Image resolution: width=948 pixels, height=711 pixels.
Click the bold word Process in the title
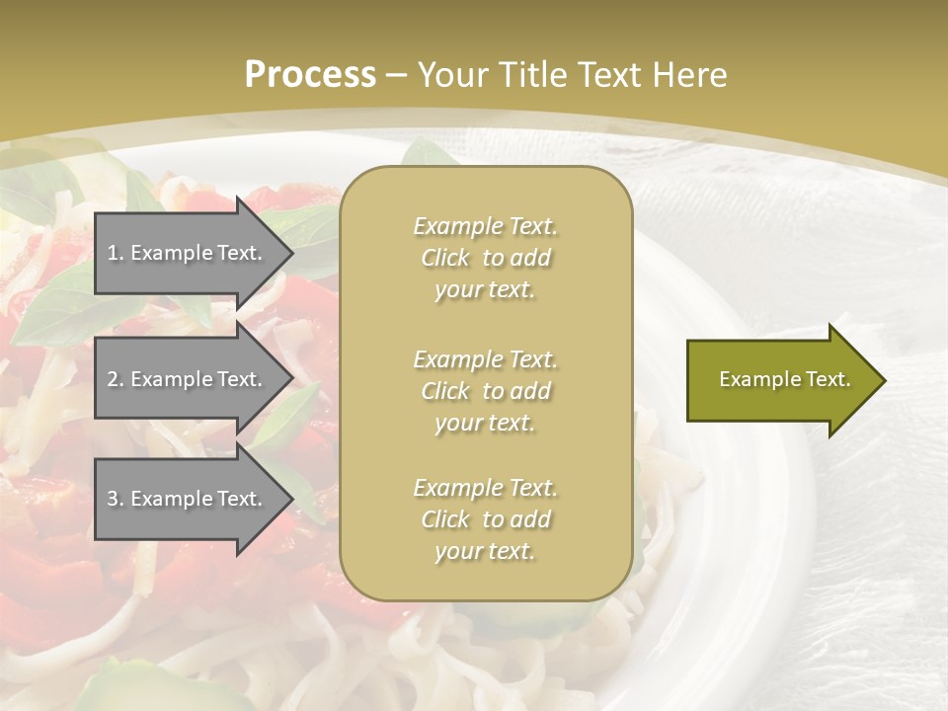(x=310, y=75)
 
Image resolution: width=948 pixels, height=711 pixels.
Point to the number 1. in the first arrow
(x=116, y=253)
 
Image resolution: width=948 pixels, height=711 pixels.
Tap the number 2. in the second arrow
(x=116, y=379)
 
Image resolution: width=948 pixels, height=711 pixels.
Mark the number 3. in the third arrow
(x=116, y=499)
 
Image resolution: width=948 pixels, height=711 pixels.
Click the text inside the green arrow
(x=785, y=379)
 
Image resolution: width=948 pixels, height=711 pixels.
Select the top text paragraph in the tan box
(x=485, y=258)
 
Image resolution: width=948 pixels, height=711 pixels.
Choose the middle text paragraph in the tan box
(x=485, y=391)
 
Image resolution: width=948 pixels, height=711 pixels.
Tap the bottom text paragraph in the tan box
(x=485, y=519)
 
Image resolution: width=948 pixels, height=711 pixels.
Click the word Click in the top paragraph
(x=445, y=258)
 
